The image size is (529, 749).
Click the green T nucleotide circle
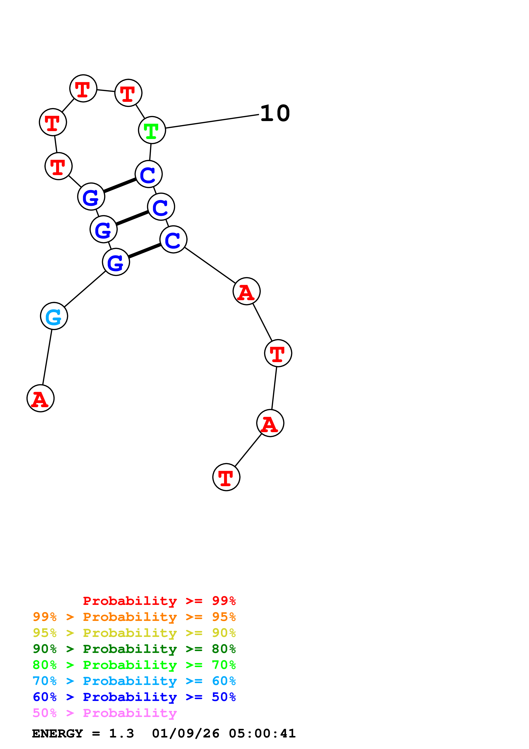[x=152, y=130]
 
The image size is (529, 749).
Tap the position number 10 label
[x=275, y=114]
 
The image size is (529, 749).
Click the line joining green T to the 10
[x=212, y=121]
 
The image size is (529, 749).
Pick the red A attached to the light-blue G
[x=40, y=398]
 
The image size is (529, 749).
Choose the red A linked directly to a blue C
[x=246, y=291]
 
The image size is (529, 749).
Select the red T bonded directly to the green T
[x=128, y=93]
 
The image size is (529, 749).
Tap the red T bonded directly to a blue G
[x=58, y=166]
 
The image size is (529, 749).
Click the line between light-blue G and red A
[x=47, y=357]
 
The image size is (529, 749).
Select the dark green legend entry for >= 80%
[x=134, y=649]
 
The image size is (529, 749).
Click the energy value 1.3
[x=121, y=733]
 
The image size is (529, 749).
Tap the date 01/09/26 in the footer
[x=185, y=733]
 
